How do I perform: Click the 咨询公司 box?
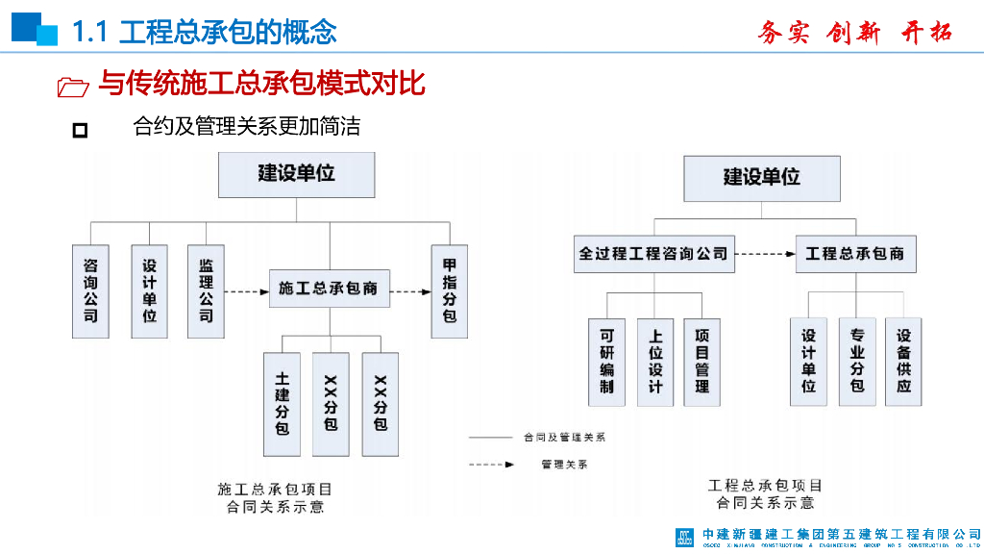(x=90, y=290)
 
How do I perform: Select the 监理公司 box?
(x=206, y=290)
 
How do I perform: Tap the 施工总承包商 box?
(x=329, y=288)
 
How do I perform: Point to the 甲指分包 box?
(x=449, y=290)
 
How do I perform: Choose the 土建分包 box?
(x=282, y=403)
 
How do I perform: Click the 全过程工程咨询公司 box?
(x=653, y=254)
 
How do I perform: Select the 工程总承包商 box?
(x=855, y=254)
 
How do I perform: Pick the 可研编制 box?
(x=606, y=362)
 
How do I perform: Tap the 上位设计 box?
(x=655, y=362)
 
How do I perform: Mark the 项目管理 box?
(x=702, y=362)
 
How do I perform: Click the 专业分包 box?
(x=856, y=362)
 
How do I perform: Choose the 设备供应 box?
(x=903, y=362)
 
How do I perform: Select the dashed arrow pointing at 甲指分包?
(x=411, y=289)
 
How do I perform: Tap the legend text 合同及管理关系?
(x=564, y=437)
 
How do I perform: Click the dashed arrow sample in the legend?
(x=490, y=465)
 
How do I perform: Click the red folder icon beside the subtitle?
(x=73, y=88)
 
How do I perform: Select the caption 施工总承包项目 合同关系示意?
(x=275, y=497)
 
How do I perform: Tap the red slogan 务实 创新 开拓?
(x=854, y=33)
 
